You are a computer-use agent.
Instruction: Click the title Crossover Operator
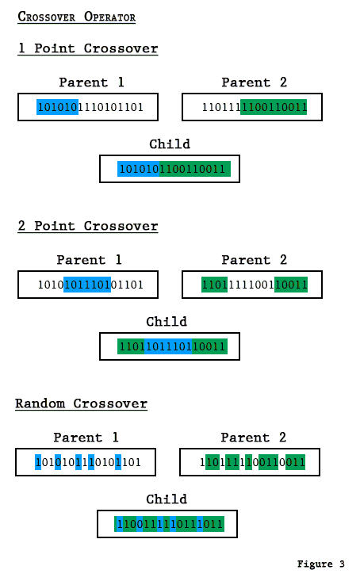click(76, 17)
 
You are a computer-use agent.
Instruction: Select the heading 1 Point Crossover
click(87, 48)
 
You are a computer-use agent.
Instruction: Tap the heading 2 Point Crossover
click(87, 226)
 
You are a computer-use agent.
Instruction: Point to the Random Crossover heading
click(81, 403)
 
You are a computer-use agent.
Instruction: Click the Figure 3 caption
click(320, 564)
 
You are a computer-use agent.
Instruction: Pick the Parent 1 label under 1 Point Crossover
click(91, 82)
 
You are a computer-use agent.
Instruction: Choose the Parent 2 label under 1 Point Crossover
click(254, 82)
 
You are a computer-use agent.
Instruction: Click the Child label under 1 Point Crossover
click(170, 144)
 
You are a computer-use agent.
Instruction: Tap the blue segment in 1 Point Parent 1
click(57, 107)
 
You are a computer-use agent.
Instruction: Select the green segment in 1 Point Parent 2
click(274, 107)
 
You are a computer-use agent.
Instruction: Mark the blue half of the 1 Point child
click(139, 169)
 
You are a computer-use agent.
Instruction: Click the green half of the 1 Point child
click(195, 169)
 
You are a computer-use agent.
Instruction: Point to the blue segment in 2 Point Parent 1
click(87, 285)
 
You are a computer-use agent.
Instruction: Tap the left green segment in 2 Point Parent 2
click(214, 285)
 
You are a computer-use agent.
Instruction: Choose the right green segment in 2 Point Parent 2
click(290, 285)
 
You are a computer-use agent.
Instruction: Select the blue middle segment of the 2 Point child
click(168, 346)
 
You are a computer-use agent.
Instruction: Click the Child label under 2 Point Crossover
click(167, 322)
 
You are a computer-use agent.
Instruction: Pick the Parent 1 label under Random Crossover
click(86, 438)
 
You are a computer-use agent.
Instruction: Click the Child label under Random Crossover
click(167, 499)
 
